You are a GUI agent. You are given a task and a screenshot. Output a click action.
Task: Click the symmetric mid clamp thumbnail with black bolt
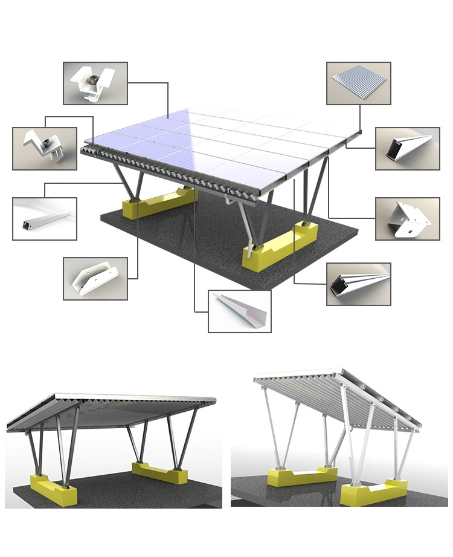(x=95, y=83)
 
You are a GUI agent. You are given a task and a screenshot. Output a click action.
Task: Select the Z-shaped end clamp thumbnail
(x=44, y=148)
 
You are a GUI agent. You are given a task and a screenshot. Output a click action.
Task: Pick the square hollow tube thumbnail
(x=44, y=218)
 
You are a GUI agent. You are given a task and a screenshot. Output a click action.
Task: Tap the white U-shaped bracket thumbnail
(x=95, y=278)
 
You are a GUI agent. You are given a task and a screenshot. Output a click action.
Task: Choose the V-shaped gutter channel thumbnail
(x=239, y=311)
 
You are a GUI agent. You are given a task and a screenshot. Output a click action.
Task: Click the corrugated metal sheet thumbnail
(x=358, y=83)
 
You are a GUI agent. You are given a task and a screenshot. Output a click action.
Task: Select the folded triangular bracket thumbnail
(x=407, y=218)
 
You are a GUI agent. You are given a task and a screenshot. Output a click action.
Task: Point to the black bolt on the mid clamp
(x=94, y=79)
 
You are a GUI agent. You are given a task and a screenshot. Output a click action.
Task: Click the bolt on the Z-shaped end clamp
(x=45, y=143)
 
